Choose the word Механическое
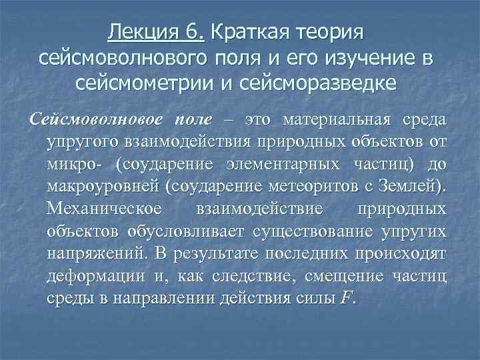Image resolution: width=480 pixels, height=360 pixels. tap(105, 209)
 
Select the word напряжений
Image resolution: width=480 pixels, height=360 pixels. tap(95, 254)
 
